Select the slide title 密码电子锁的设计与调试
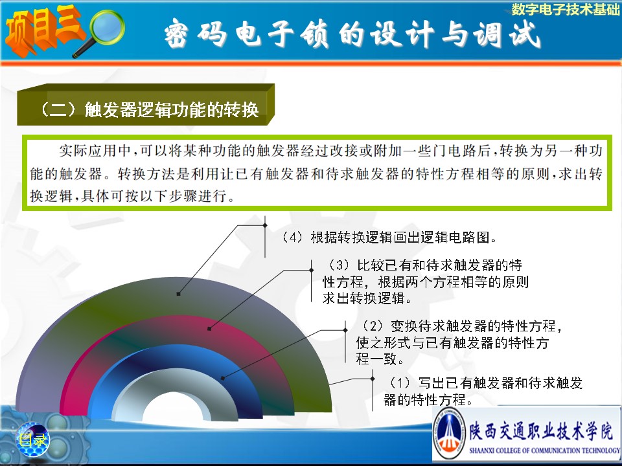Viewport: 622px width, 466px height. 352,34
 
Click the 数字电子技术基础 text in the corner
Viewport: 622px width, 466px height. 565,8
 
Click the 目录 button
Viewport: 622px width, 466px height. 32,439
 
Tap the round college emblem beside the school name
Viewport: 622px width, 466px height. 449,433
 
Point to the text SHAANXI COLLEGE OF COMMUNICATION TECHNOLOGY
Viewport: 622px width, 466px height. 544,450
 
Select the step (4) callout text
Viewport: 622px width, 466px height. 389,238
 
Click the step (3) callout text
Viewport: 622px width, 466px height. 425,282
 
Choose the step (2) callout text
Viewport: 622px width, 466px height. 459,342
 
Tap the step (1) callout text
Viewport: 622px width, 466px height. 482,392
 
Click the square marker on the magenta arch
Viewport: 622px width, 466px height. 209,329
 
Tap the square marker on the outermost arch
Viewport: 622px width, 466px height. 179,294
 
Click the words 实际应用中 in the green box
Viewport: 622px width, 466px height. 95,151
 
